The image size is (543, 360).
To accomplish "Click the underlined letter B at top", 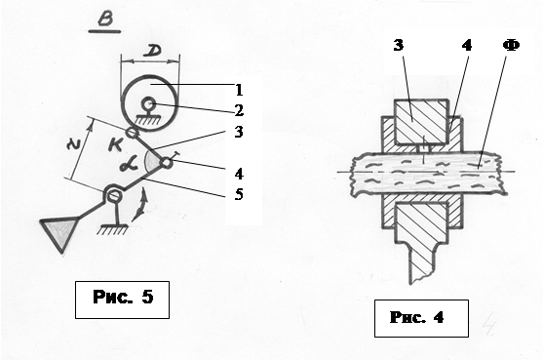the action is tap(105, 19).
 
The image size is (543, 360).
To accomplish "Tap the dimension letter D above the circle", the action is tap(152, 52).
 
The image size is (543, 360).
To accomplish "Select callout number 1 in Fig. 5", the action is tap(239, 90).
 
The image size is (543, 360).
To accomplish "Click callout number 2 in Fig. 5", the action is tap(239, 110).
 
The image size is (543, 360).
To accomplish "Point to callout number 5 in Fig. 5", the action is tap(239, 194).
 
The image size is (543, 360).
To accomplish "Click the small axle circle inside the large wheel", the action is tap(149, 103).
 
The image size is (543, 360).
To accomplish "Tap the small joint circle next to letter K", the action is tap(131, 132).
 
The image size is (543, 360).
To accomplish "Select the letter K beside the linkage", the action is tap(115, 144).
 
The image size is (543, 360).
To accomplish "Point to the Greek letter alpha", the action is tap(129, 164).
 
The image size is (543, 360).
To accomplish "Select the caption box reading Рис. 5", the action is tap(122, 300).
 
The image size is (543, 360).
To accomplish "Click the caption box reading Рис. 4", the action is tap(421, 318).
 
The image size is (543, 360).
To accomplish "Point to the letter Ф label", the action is tap(512, 46).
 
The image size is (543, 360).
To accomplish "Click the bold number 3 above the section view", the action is tap(399, 45).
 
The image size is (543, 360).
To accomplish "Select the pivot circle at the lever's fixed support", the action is tap(113, 194).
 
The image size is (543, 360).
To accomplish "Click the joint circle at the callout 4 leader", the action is tap(167, 163).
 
